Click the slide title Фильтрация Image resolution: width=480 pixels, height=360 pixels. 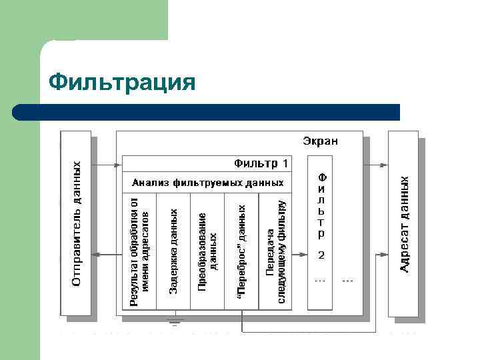(x=123, y=83)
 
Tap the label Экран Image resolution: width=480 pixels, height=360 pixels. (x=320, y=141)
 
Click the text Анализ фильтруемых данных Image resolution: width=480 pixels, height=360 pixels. (x=208, y=182)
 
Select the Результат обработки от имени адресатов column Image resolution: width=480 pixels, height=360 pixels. (x=139, y=251)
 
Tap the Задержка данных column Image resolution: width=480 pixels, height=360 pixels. (x=173, y=251)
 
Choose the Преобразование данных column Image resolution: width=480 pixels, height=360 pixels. (x=207, y=251)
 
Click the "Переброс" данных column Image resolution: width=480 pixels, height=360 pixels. (x=242, y=251)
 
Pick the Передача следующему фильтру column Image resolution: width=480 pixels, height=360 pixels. (x=276, y=251)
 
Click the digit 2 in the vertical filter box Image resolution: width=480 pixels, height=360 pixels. (x=321, y=255)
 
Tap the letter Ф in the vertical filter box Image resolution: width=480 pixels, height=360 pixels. (x=321, y=178)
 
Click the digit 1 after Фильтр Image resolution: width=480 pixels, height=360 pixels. (x=286, y=163)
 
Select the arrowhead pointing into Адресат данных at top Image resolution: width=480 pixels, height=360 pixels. (x=385, y=163)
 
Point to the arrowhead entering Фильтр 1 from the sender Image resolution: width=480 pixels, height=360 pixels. (x=119, y=163)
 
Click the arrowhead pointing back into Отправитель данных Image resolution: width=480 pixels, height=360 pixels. (x=95, y=254)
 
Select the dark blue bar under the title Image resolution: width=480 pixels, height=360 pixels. (x=207, y=112)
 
